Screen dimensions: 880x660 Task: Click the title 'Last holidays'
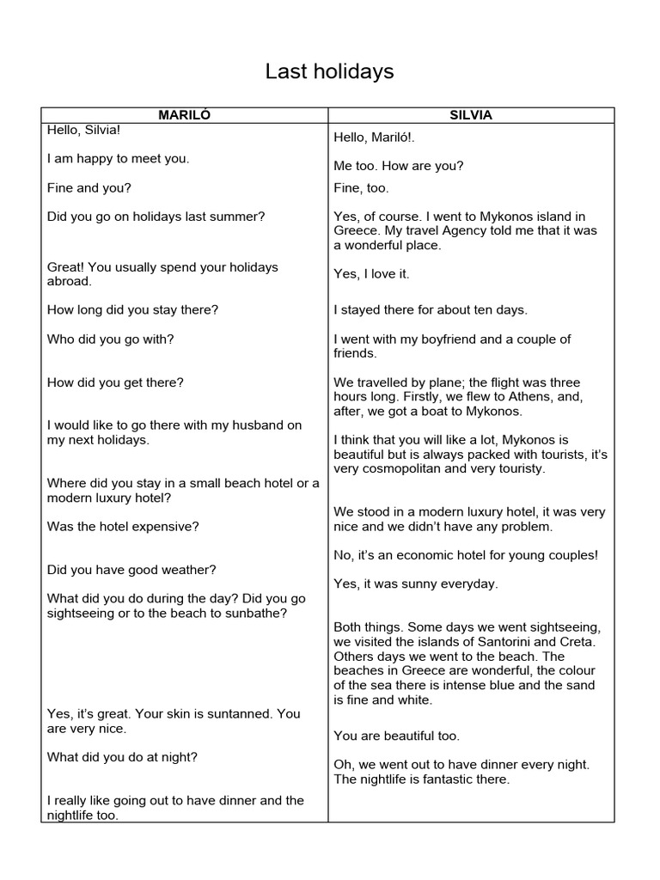pyautogui.click(x=329, y=72)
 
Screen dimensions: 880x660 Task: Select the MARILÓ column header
pyautogui.click(x=184, y=115)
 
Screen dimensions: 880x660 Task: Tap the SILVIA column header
pyautogui.click(x=472, y=115)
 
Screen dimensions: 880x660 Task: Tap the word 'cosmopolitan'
pyautogui.click(x=403, y=469)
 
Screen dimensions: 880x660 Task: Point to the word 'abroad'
pyautogui.click(x=69, y=281)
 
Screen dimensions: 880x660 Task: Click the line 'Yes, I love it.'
pyautogui.click(x=372, y=274)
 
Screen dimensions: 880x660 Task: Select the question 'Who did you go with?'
pyautogui.click(x=111, y=339)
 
